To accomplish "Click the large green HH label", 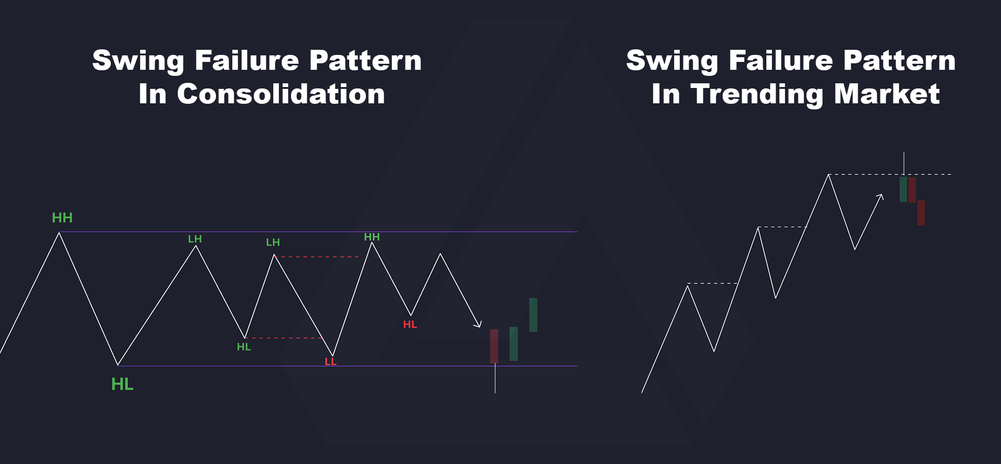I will point(62,218).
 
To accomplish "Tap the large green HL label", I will point(122,384).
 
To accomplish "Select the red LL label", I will point(331,362).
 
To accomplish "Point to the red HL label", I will point(410,324).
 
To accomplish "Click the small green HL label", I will point(243,347).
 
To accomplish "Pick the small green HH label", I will point(372,237).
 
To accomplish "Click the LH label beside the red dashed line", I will point(273,242).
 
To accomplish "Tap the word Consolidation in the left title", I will point(281,94).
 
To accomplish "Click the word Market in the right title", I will point(887,94).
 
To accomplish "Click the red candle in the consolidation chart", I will point(494,346).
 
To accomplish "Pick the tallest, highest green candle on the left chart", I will point(533,315).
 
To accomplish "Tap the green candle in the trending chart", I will point(903,189).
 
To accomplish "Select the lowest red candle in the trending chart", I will point(921,213).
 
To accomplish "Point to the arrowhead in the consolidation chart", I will point(478,324).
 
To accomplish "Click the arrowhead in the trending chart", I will point(880,197).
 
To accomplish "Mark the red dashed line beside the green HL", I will point(283,338).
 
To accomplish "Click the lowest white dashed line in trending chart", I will point(712,283).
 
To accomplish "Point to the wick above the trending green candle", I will point(904,163).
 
